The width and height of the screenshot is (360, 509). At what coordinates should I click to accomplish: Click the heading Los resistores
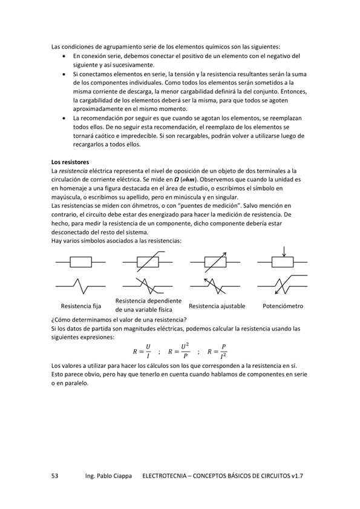70,162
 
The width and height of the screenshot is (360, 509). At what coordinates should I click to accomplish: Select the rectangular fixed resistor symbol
80,261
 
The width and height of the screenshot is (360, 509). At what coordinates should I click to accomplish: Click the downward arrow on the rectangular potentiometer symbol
283,251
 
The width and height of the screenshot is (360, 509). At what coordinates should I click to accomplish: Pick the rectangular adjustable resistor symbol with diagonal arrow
215,261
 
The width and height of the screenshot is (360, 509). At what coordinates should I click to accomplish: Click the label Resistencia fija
80,306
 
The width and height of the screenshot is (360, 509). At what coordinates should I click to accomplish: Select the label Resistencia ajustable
216,306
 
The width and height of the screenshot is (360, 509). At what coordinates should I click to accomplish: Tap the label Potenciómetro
283,306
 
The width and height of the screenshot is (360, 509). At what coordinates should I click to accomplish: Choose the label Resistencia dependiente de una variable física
148,306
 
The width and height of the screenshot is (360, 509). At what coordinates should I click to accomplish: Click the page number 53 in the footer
54,476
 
